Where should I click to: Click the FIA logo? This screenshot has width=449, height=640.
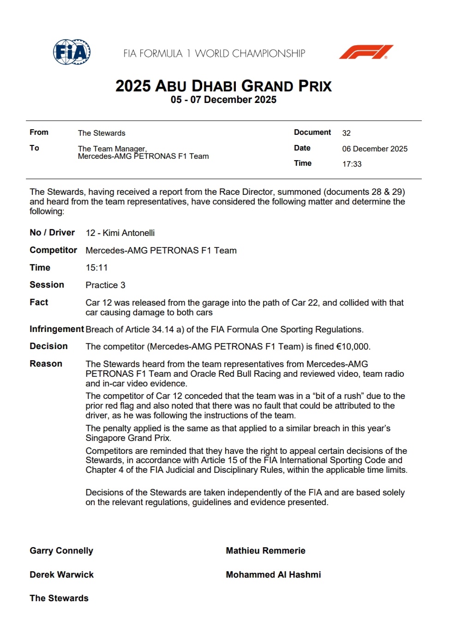[x=72, y=52]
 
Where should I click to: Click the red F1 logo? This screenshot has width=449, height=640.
[x=366, y=52]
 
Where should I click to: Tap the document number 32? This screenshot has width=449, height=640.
[x=346, y=133]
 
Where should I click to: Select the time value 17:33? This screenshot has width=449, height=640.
[x=352, y=164]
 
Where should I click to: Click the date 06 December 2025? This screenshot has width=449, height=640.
[x=375, y=149]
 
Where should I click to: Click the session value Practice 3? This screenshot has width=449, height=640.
[x=105, y=285]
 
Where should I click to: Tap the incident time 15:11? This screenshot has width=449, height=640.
[x=96, y=268]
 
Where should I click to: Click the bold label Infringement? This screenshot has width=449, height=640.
[x=57, y=329]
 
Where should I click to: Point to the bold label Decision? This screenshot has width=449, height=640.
[x=48, y=346]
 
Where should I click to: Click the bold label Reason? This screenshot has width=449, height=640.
[x=46, y=364]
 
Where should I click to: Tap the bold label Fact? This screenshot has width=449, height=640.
[x=39, y=302]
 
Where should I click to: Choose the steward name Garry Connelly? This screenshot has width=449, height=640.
[x=61, y=551]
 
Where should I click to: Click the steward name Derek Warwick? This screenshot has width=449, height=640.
[x=61, y=575]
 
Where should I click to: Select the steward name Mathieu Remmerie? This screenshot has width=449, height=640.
[x=265, y=551]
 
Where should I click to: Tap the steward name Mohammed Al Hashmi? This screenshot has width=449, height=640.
[x=273, y=575]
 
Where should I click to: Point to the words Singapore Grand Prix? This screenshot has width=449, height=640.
[x=128, y=438]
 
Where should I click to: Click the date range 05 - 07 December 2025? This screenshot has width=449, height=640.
[x=223, y=100]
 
